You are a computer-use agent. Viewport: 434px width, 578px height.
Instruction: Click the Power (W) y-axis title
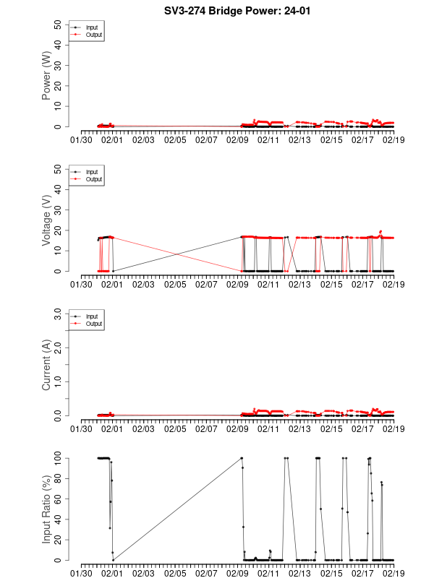click(x=46, y=75)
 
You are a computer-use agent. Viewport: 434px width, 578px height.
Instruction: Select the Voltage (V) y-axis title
click(x=46, y=220)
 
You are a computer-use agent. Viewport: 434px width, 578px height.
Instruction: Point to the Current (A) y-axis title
click(x=46, y=364)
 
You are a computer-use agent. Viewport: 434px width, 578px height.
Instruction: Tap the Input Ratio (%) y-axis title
click(x=46, y=509)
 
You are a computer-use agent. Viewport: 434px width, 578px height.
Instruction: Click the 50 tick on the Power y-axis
click(x=58, y=24)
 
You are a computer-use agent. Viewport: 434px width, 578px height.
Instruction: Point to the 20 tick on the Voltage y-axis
click(x=58, y=230)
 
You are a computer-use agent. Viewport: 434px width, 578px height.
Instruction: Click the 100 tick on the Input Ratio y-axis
click(x=56, y=457)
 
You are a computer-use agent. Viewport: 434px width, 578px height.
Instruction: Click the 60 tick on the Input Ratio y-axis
click(x=58, y=499)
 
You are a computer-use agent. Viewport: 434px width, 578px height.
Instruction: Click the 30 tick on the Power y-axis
click(x=58, y=65)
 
